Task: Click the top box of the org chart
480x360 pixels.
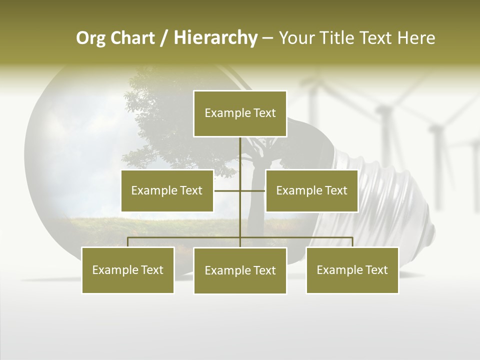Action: click(x=240, y=113)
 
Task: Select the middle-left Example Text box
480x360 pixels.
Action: click(x=167, y=190)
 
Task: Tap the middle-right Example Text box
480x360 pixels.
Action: click(x=311, y=190)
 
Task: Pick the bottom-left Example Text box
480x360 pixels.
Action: click(x=127, y=270)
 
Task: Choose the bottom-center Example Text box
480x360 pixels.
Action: click(x=240, y=270)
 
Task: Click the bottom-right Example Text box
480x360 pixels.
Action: click(x=352, y=270)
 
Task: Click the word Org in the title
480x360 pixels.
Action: click(x=90, y=38)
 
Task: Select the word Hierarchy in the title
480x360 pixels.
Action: click(x=215, y=38)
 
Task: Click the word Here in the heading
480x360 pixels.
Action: click(x=416, y=38)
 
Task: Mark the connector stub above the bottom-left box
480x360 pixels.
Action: click(x=128, y=242)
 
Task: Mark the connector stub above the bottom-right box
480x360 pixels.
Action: click(x=352, y=242)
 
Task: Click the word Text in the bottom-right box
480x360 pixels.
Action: click(x=375, y=270)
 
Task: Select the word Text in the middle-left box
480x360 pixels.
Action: click(x=190, y=190)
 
